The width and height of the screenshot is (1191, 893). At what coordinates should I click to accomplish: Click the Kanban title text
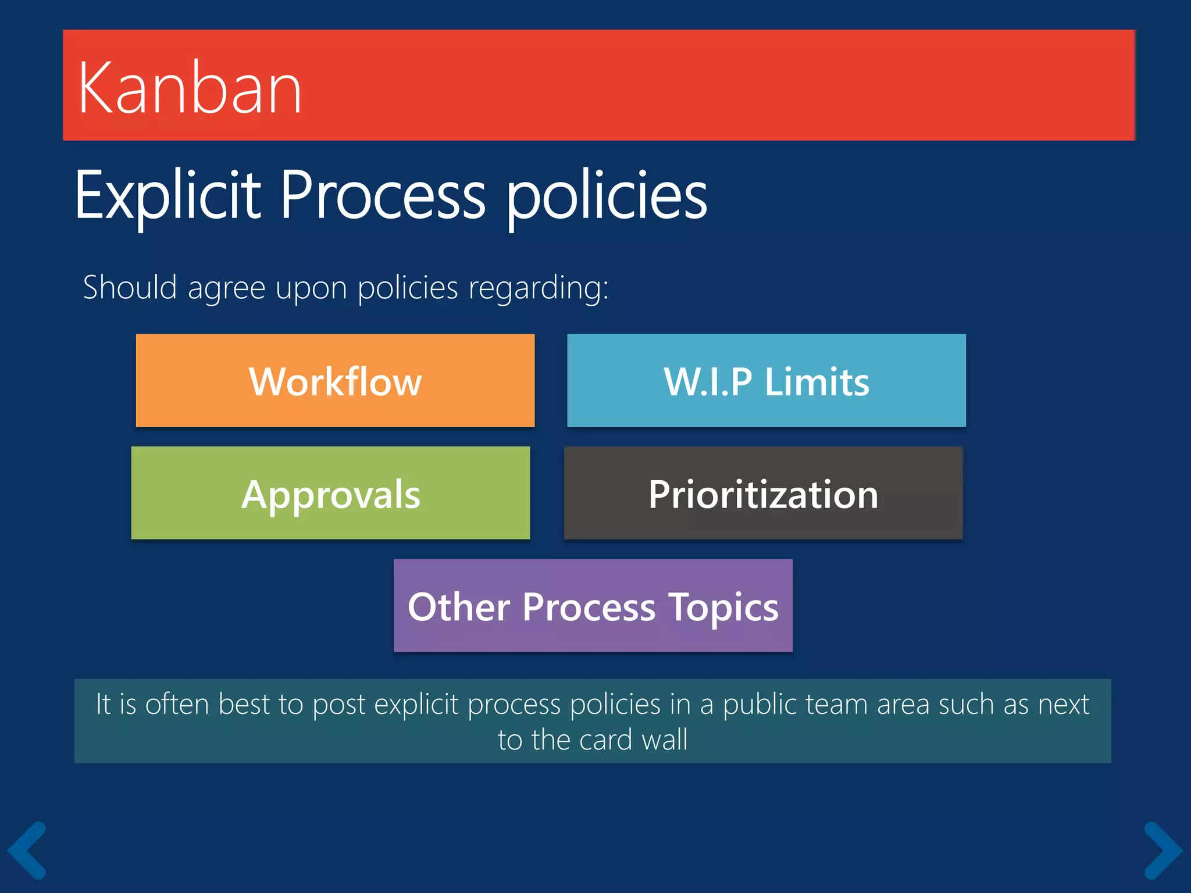190,88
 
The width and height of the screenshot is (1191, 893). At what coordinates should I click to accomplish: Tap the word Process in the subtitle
382,195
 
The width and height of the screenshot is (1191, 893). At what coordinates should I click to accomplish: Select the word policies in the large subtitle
606,195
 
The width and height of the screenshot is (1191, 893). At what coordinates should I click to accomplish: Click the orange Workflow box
335,381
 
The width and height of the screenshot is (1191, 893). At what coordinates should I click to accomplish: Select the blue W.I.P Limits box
766,381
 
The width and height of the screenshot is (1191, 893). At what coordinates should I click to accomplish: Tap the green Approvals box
330,494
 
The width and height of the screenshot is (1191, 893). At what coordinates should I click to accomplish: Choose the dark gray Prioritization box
763,494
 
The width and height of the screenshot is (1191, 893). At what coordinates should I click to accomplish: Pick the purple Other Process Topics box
593,606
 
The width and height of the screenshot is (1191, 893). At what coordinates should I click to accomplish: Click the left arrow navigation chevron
28,850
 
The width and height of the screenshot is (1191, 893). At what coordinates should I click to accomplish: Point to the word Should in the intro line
130,287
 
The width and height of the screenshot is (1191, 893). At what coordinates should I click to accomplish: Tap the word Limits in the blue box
816,382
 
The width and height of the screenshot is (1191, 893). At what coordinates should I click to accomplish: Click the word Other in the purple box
459,607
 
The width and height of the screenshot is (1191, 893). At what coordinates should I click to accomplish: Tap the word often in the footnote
177,704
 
